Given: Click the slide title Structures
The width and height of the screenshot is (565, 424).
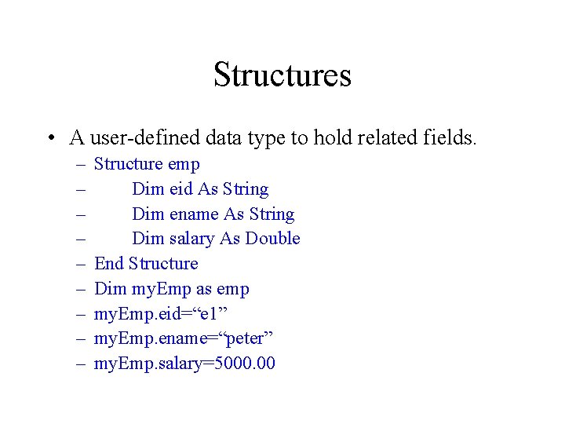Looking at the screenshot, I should [282, 75].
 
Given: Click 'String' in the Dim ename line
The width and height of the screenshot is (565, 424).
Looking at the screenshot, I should [270, 214].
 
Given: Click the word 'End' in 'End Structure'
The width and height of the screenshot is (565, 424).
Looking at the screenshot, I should [109, 264].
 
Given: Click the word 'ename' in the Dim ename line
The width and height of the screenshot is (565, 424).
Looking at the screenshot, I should [189, 214].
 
